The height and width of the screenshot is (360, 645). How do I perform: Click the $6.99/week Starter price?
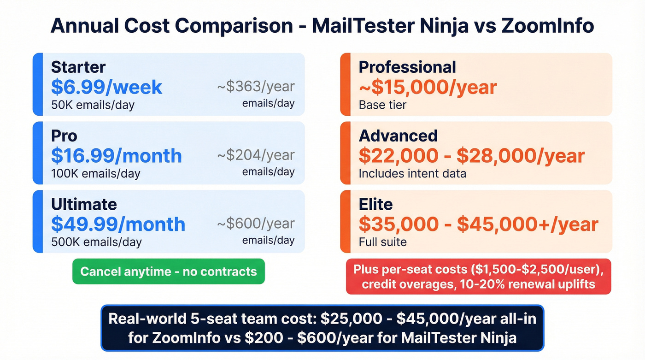click(x=106, y=87)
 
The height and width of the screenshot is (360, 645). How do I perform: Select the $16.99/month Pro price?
click(x=116, y=156)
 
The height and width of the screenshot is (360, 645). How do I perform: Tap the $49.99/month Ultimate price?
click(x=118, y=224)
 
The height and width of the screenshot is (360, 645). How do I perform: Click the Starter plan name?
click(x=78, y=67)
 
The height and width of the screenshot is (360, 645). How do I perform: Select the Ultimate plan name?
click(x=84, y=204)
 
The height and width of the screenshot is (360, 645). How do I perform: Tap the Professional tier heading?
click(x=407, y=67)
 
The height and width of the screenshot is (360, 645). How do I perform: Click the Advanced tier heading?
click(x=398, y=136)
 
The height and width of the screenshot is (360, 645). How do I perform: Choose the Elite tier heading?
click(x=375, y=204)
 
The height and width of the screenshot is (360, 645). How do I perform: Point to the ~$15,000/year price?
click(x=428, y=87)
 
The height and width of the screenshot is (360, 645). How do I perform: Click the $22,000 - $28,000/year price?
click(x=471, y=156)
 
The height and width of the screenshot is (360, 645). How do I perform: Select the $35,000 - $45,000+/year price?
click(x=478, y=224)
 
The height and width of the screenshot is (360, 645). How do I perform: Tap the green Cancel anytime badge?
click(x=169, y=271)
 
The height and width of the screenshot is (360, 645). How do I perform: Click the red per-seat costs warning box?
click(x=478, y=277)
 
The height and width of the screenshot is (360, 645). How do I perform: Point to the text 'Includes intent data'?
click(x=412, y=173)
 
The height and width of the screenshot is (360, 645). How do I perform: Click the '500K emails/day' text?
click(x=96, y=242)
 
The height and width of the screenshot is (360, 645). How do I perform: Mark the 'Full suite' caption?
click(x=382, y=242)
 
